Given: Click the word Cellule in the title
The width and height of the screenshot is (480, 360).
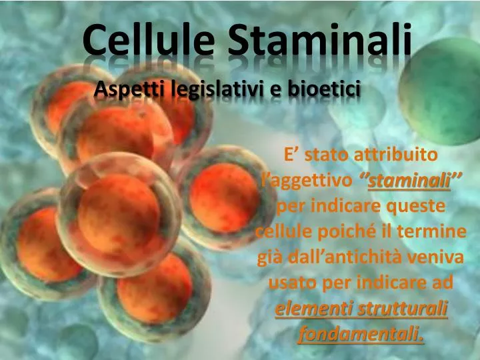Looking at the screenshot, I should tap(151, 41).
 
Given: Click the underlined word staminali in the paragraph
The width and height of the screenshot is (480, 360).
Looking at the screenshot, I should tap(409, 181).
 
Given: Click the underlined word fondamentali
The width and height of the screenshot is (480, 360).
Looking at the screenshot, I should tap(361, 334).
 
